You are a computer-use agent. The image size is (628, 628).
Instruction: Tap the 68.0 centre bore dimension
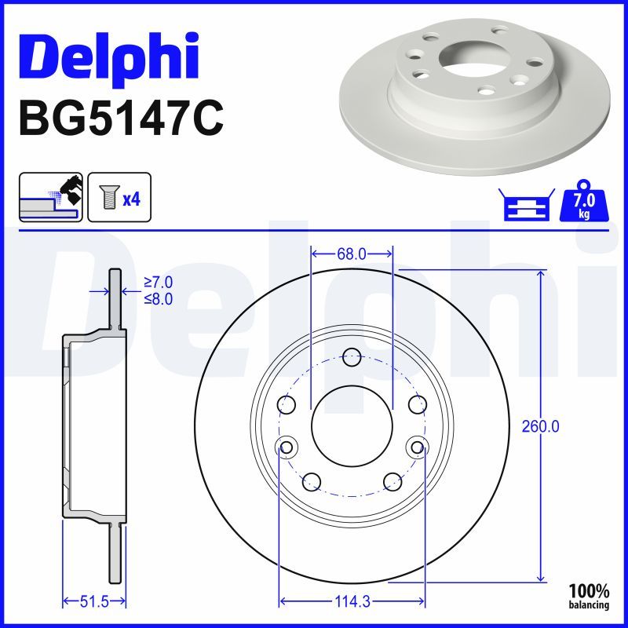[351, 254]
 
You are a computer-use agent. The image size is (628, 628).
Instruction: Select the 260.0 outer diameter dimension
[541, 426]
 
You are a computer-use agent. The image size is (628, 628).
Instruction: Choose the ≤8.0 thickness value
[158, 298]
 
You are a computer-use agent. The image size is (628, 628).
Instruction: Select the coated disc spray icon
[49, 199]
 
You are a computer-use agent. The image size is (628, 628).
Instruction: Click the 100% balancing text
[589, 597]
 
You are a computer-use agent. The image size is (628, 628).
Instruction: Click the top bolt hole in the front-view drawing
[352, 357]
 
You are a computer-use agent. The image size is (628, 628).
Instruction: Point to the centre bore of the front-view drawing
[352, 426]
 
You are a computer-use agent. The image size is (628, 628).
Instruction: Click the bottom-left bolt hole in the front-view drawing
[312, 481]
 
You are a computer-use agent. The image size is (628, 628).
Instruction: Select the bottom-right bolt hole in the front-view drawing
[392, 481]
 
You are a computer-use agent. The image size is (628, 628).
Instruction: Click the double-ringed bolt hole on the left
[287, 447]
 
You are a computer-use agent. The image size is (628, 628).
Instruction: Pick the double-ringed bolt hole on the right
[417, 447]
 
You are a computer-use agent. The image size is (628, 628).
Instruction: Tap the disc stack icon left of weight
[524, 206]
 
